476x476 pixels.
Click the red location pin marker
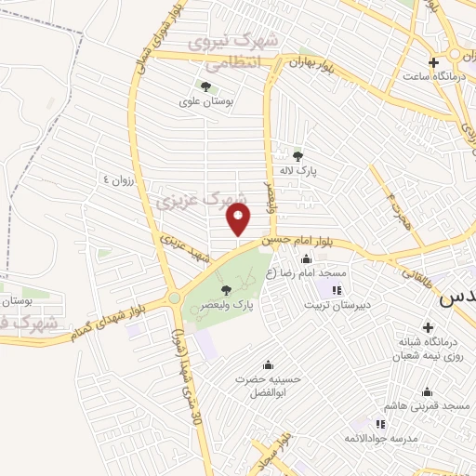pos(240,219)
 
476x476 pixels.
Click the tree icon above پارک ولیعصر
pos(227,290)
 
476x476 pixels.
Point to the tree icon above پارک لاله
pos(297,156)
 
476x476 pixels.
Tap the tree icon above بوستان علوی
pos(205,86)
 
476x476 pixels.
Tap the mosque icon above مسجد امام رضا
pos(307,259)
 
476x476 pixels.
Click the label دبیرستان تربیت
pos(342,304)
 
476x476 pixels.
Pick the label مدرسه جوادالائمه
pos(377,438)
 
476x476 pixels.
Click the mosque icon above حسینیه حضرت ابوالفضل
pos(269,364)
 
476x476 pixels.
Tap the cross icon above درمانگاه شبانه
pos(428,327)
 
